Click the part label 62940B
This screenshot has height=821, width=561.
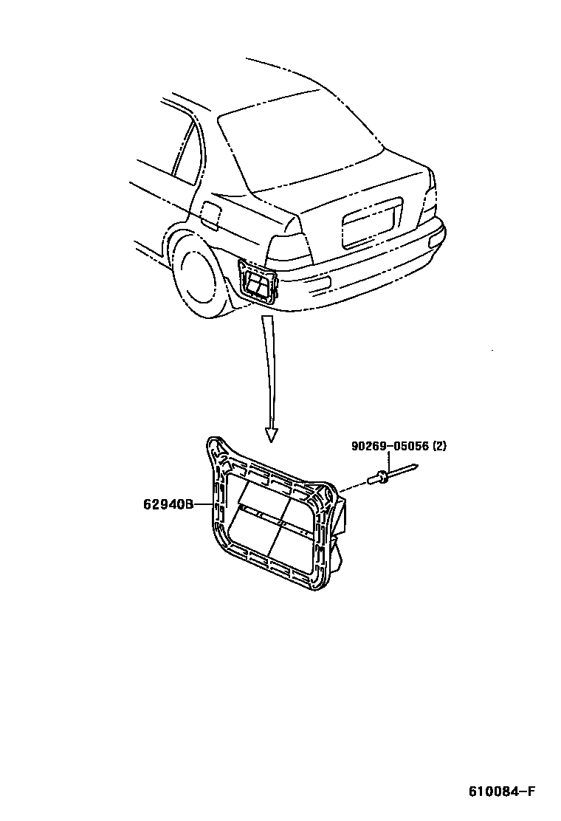click(x=168, y=505)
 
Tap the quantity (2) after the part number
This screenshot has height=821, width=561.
click(x=439, y=446)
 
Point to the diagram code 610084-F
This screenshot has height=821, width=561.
click(x=501, y=791)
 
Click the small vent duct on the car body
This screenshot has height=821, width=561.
click(x=258, y=284)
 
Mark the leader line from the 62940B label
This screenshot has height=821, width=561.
click(x=202, y=505)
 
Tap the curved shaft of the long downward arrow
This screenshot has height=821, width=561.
click(x=270, y=369)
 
